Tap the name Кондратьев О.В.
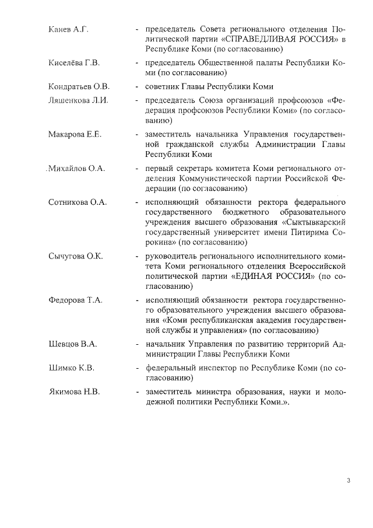point(79,86)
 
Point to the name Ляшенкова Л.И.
point(78,100)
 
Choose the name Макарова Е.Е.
point(75,134)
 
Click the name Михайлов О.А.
point(76,169)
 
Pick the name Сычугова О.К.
point(75,256)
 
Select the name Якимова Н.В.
point(74,392)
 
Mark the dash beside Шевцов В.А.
point(136,344)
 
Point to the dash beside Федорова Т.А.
point(136,300)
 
